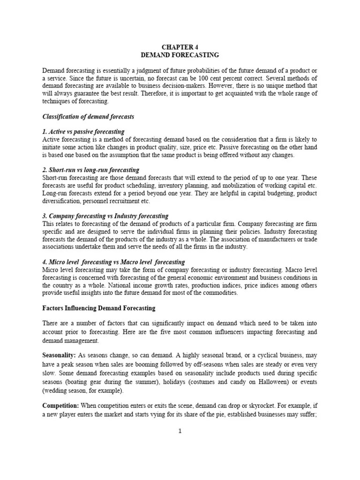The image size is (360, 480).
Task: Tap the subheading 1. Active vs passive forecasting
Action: (83, 132)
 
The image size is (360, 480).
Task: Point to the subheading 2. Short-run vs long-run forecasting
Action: (91, 170)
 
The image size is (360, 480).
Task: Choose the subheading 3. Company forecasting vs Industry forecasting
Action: (105, 216)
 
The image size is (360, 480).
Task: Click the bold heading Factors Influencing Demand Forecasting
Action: (98, 308)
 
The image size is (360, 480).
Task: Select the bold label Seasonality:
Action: (59, 355)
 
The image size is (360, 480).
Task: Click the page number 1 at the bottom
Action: (180, 432)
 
